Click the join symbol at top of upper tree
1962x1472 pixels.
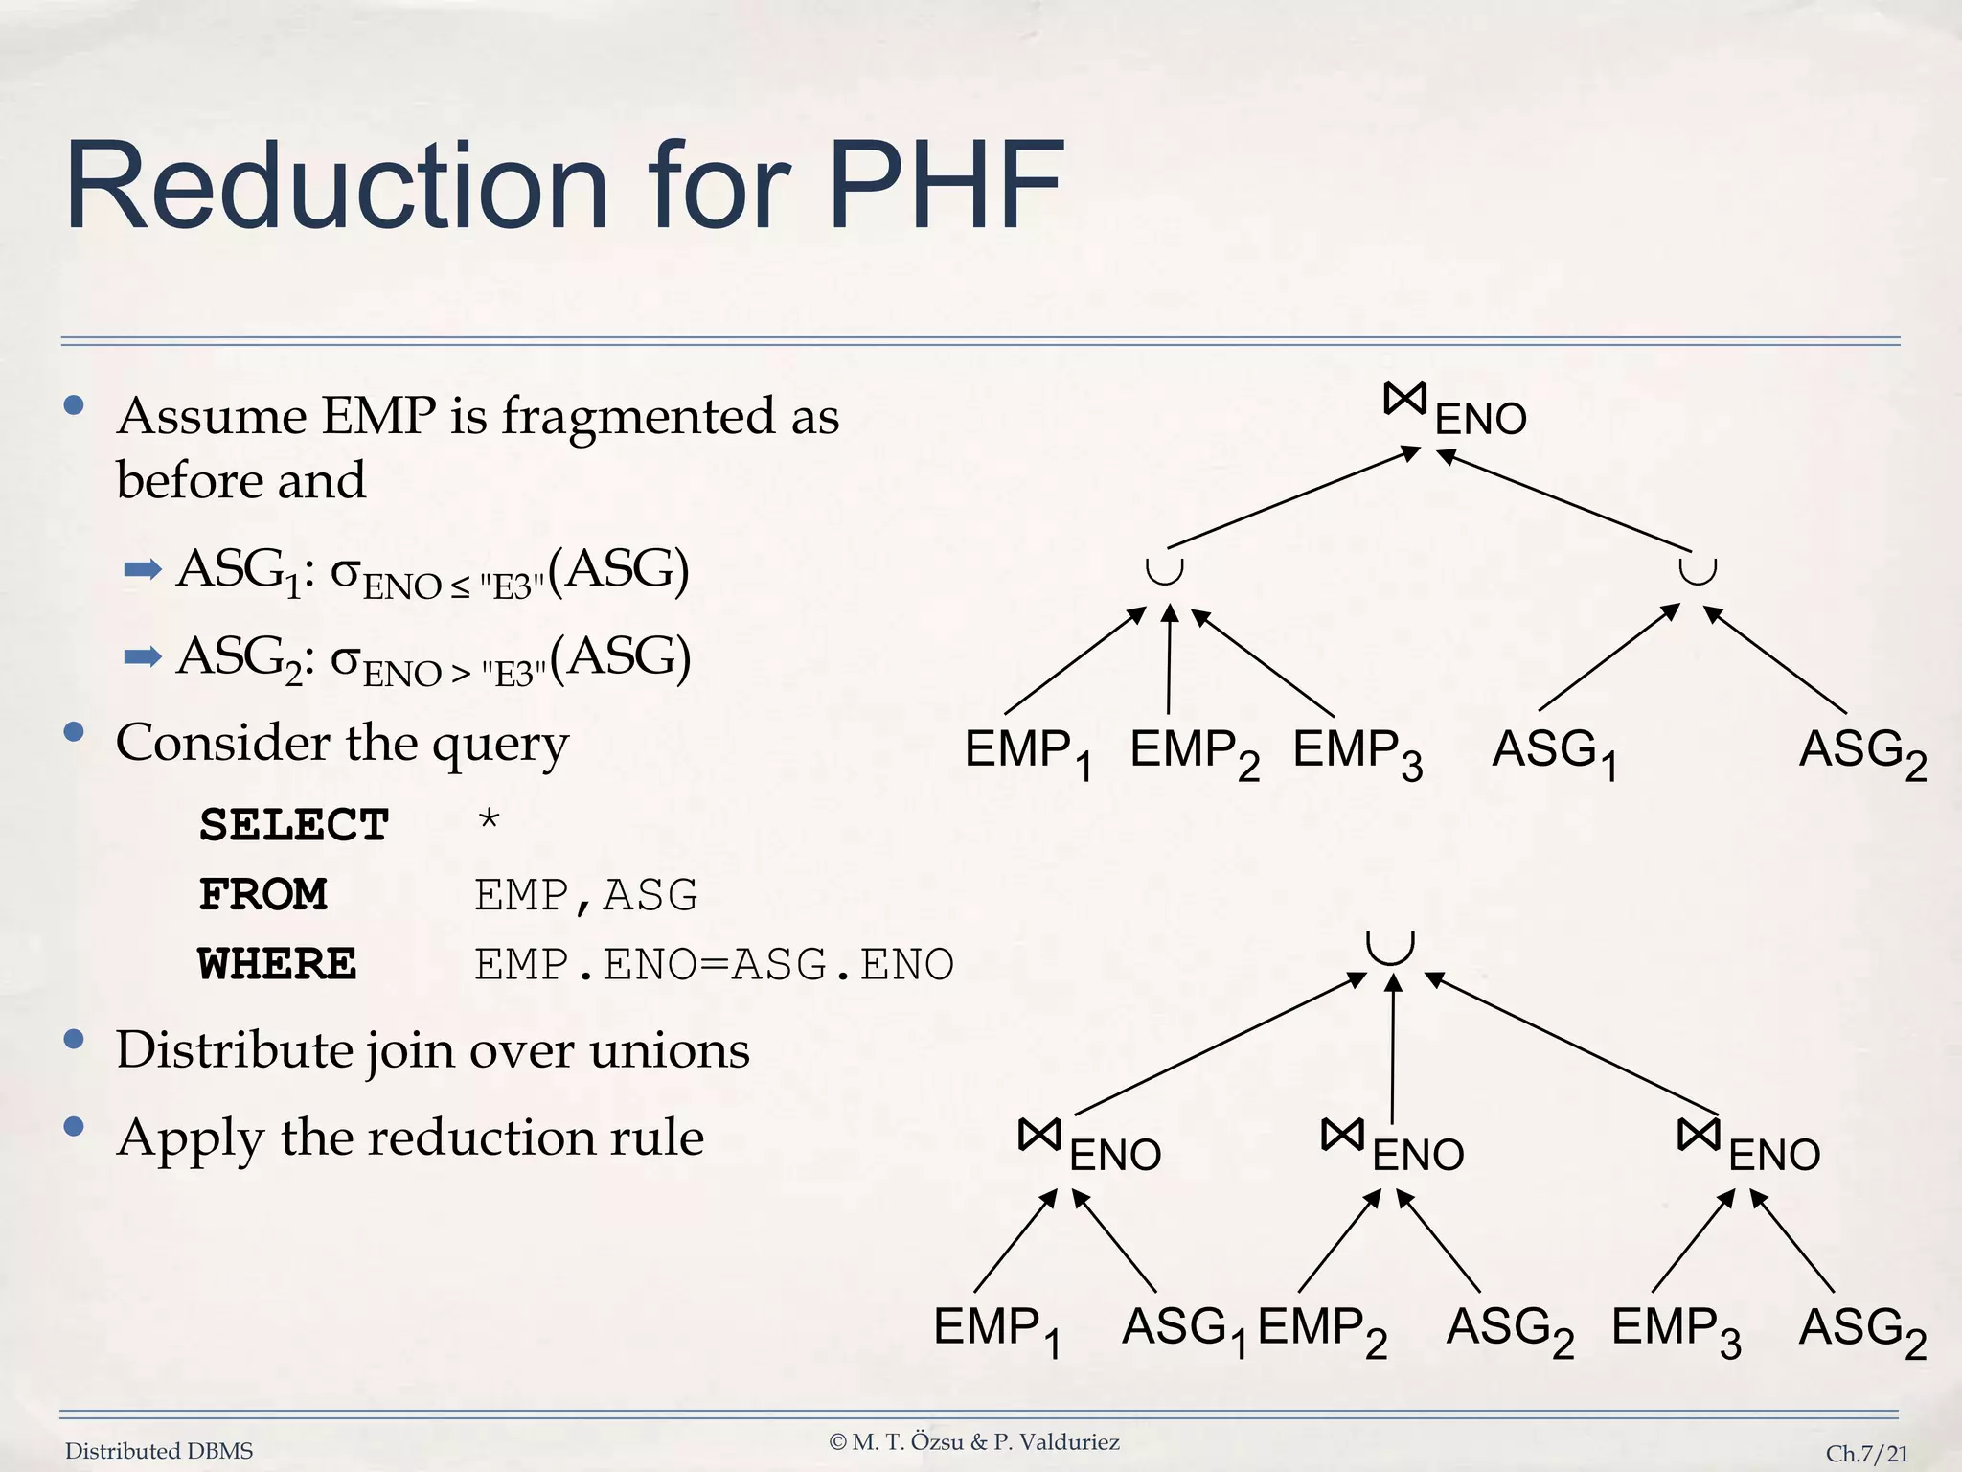[1405, 400]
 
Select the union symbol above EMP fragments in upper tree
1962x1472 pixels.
[1165, 571]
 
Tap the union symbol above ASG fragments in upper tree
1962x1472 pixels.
[1697, 571]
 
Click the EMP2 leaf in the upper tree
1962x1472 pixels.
[1194, 752]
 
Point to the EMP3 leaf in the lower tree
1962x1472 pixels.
[1676, 1330]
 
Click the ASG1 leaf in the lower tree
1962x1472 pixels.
[1184, 1330]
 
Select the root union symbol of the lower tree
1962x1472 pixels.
[1390, 947]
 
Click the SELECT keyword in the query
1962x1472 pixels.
[293, 825]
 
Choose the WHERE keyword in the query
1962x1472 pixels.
[277, 964]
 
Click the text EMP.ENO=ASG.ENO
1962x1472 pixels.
[714, 964]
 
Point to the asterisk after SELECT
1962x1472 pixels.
[489, 820]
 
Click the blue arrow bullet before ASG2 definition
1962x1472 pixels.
[143, 657]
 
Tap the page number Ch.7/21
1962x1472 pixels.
[1866, 1454]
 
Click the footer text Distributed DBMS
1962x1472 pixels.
[159, 1451]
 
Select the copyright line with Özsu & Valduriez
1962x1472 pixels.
[974, 1441]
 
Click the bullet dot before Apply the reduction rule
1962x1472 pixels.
[74, 1127]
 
